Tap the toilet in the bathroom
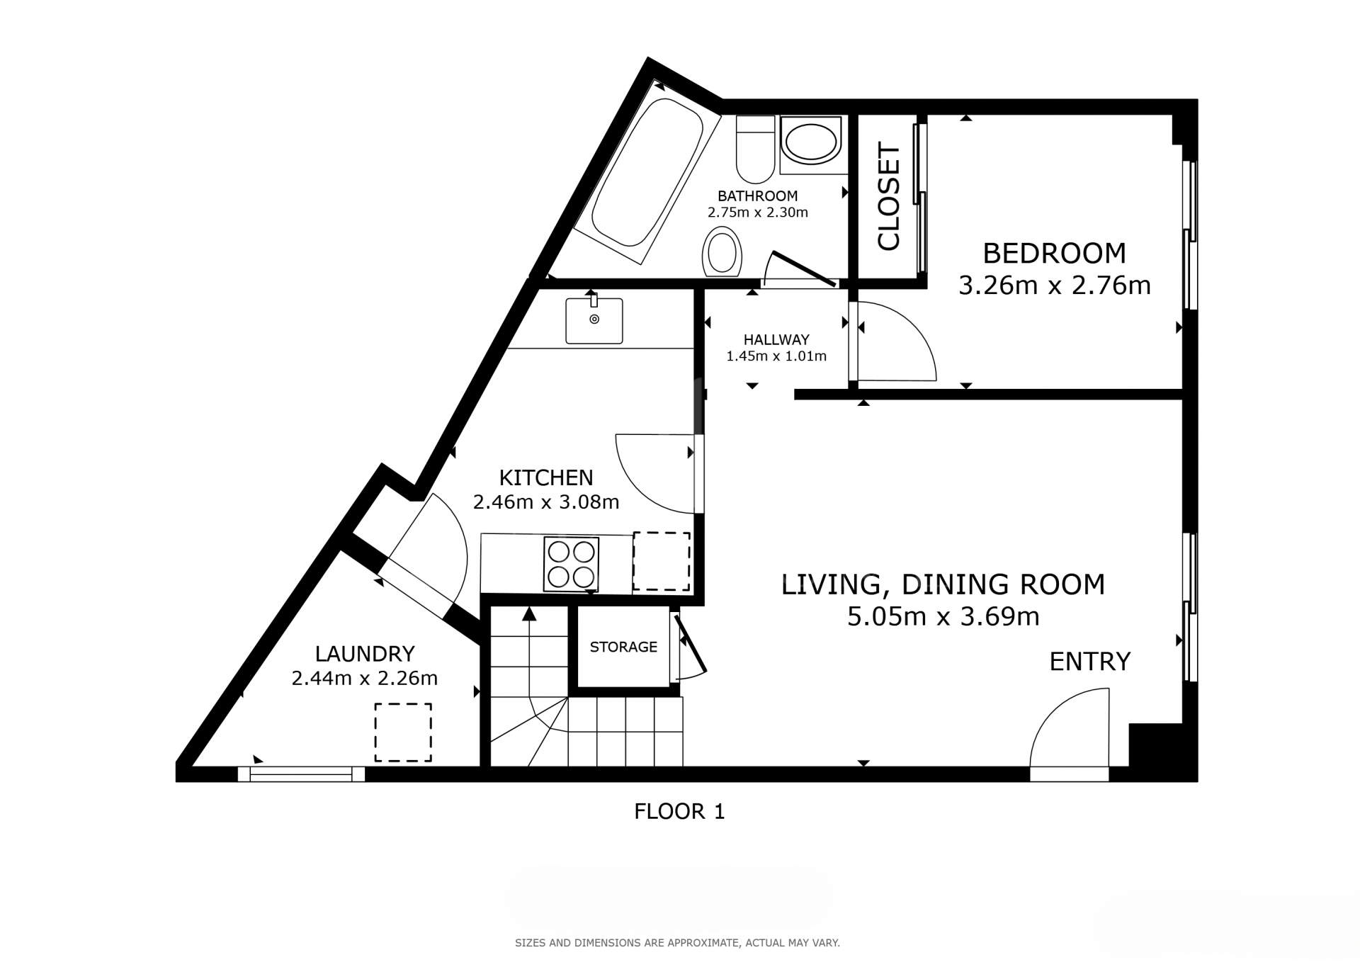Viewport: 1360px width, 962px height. [755, 149]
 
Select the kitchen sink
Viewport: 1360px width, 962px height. [594, 320]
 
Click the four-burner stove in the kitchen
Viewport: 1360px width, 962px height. [571, 564]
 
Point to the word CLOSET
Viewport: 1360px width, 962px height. [888, 196]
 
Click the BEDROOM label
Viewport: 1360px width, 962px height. [1054, 253]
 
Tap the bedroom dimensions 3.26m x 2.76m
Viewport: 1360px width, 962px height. [1054, 285]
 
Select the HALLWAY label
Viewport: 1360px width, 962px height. [776, 339]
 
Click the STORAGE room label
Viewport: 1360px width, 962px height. [623, 647]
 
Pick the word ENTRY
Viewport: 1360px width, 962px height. [1089, 662]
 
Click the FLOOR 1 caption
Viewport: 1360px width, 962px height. [679, 811]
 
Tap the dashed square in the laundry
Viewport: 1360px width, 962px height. [403, 732]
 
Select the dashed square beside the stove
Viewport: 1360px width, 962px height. [661, 561]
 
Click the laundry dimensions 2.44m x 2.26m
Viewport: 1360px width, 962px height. [365, 679]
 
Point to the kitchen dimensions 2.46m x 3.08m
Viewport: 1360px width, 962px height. [546, 502]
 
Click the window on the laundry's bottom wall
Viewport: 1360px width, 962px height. [301, 774]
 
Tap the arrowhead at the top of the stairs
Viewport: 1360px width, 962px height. [528, 613]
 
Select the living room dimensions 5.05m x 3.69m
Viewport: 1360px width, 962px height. [943, 617]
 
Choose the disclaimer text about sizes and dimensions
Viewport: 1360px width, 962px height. [677, 943]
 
